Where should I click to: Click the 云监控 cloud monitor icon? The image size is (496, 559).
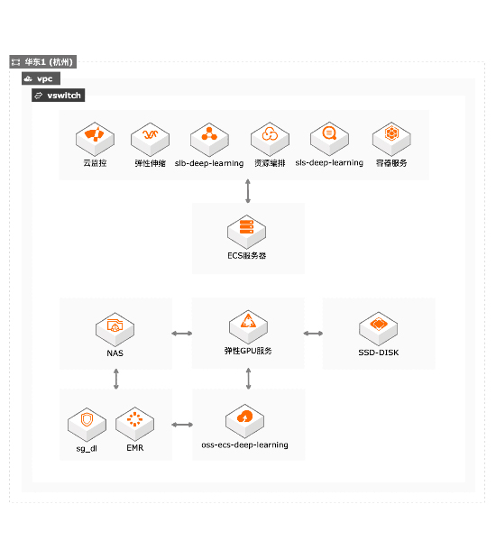(x=95, y=139)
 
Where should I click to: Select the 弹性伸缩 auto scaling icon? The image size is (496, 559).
(x=150, y=139)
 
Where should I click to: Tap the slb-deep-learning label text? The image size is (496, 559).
(x=209, y=163)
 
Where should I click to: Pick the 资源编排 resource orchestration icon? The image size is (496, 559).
(x=270, y=139)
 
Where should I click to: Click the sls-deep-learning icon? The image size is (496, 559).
(x=329, y=139)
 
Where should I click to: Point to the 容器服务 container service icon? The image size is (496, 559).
(x=391, y=139)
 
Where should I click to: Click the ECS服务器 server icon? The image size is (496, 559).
(x=247, y=232)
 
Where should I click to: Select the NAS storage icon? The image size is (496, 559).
(x=115, y=329)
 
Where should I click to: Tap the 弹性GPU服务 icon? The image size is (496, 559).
(x=248, y=327)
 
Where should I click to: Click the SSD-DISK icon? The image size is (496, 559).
(x=379, y=329)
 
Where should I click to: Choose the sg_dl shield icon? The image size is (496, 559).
(x=87, y=425)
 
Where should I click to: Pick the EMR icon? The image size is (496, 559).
(x=134, y=424)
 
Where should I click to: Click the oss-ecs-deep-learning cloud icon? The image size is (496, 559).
(x=244, y=421)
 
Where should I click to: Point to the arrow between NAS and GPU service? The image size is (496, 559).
(x=182, y=334)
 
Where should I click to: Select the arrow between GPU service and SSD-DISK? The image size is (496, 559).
(x=313, y=334)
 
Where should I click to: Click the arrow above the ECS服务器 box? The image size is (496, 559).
(x=248, y=191)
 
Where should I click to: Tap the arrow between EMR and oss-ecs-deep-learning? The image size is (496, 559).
(x=182, y=425)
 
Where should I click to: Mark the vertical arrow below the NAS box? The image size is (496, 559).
(x=116, y=379)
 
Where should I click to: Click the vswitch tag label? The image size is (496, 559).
(x=58, y=96)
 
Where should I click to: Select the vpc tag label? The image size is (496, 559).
(x=41, y=78)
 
